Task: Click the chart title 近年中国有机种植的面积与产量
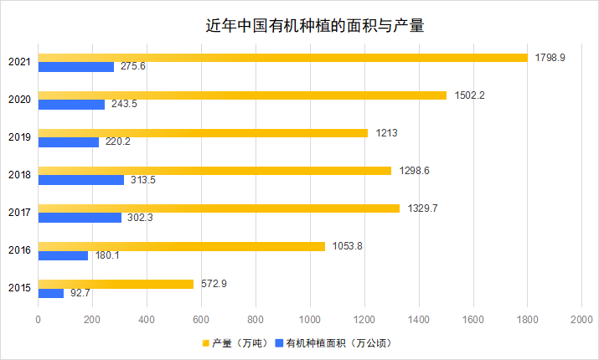point(314,25)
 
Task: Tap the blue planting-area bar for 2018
point(81,180)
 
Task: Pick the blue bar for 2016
point(63,255)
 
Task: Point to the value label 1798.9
point(551,57)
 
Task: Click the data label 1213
point(387,132)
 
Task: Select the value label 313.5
point(143,180)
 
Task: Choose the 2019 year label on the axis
point(19,137)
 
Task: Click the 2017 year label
point(19,213)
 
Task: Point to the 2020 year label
point(19,100)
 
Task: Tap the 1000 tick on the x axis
point(310,320)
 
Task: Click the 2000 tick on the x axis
point(581,320)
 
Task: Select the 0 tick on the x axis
point(39,320)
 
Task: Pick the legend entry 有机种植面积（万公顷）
point(338,343)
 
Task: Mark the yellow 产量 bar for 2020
point(242,95)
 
